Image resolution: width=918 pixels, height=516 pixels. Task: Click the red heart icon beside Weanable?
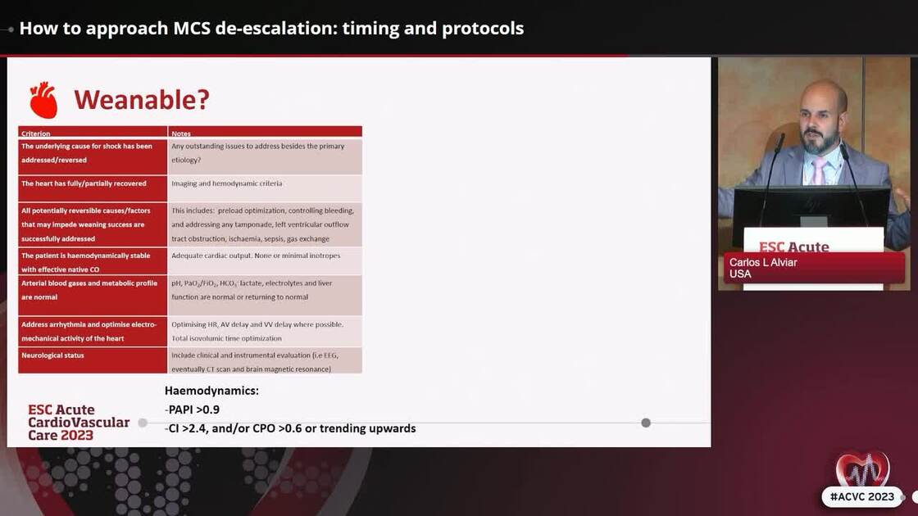[x=43, y=100]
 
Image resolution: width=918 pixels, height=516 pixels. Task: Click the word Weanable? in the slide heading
[x=141, y=100]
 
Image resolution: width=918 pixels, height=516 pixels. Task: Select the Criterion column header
[x=36, y=133]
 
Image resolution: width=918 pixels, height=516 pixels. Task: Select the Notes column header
[x=181, y=133]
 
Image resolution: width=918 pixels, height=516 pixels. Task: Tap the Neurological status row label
[x=52, y=355]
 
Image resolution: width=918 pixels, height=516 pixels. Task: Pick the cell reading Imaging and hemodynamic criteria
[x=226, y=183]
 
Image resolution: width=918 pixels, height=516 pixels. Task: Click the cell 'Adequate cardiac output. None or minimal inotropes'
[x=256, y=256]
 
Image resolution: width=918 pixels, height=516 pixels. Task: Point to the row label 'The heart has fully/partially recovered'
[x=84, y=183]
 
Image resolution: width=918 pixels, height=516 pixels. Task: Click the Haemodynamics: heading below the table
[x=211, y=391]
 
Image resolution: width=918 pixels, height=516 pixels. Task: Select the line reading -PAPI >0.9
[x=193, y=410]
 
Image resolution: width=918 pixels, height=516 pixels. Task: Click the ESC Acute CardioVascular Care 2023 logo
[x=78, y=423]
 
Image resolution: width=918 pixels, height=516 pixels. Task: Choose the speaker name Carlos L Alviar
[x=763, y=262]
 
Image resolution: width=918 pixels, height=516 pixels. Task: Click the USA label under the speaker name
[x=740, y=274]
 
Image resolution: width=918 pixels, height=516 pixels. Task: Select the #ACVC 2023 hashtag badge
[x=861, y=496]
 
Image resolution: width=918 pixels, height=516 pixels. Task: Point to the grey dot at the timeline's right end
[x=646, y=423]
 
